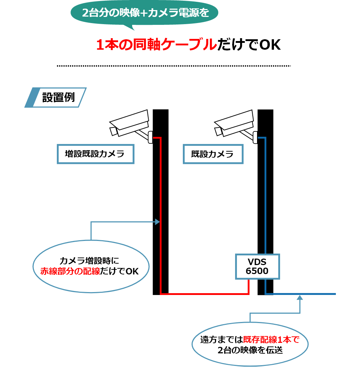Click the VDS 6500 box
257,266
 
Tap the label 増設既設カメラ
95,154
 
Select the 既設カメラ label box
213,154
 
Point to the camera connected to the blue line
235,125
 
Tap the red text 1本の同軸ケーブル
157,45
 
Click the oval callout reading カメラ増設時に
91,266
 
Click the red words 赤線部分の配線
70,271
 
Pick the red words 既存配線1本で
271,340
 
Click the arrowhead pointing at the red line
157,222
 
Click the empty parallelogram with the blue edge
56,97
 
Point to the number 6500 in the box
257,271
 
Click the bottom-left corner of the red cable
161,294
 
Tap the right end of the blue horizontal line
335,294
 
